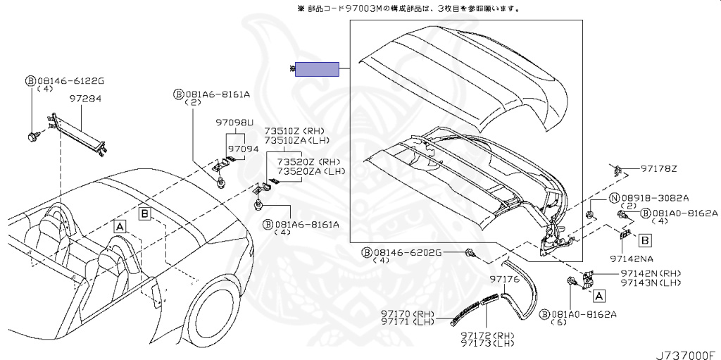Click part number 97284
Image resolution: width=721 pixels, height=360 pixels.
85,99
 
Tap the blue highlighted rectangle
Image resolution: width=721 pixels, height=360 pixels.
317,70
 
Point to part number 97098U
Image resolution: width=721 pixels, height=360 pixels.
234,123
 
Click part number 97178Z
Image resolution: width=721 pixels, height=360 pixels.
659,169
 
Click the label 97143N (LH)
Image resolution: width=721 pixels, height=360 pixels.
651,283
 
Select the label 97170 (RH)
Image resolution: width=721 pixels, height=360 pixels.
408,314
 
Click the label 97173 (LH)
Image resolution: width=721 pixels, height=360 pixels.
488,343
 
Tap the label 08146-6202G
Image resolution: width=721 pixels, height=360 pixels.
408,252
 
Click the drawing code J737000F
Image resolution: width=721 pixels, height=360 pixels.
688,355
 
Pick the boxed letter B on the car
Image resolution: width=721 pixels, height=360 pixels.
144,213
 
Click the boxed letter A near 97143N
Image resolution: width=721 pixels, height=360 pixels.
598,297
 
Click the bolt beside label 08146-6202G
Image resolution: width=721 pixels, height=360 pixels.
470,253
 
